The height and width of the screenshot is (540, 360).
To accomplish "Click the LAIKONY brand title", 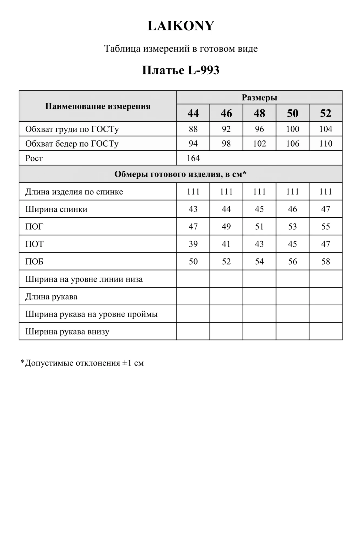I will [181, 26].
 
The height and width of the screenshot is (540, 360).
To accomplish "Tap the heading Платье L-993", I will [181, 70].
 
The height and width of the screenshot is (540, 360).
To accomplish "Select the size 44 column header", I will [193, 113].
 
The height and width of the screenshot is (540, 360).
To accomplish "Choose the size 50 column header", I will [292, 113].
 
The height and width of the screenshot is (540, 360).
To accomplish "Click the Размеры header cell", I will [259, 97].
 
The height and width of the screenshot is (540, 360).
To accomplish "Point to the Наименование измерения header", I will [98, 106].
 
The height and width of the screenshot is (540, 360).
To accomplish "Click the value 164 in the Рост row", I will [193, 158].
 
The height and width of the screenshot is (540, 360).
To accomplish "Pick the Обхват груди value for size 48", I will [259, 129].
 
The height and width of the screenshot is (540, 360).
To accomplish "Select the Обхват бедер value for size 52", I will [325, 143].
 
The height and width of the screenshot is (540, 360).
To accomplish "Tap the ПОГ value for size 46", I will [226, 226].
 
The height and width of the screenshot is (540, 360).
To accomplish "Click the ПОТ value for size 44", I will [193, 244].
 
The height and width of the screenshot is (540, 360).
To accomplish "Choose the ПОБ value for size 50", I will [292, 261].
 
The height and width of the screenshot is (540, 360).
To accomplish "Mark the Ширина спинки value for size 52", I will [325, 209].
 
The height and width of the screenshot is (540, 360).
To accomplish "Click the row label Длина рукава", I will [51, 296].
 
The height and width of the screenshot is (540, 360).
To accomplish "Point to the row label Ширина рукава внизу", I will [67, 331].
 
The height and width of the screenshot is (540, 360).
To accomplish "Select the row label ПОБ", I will [34, 261].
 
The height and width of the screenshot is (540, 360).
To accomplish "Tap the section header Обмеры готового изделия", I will [180, 174].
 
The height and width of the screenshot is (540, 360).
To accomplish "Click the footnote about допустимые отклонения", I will [82, 363].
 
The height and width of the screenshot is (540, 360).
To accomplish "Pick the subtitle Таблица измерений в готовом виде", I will [181, 49].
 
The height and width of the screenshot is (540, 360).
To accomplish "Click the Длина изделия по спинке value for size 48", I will [259, 191].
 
